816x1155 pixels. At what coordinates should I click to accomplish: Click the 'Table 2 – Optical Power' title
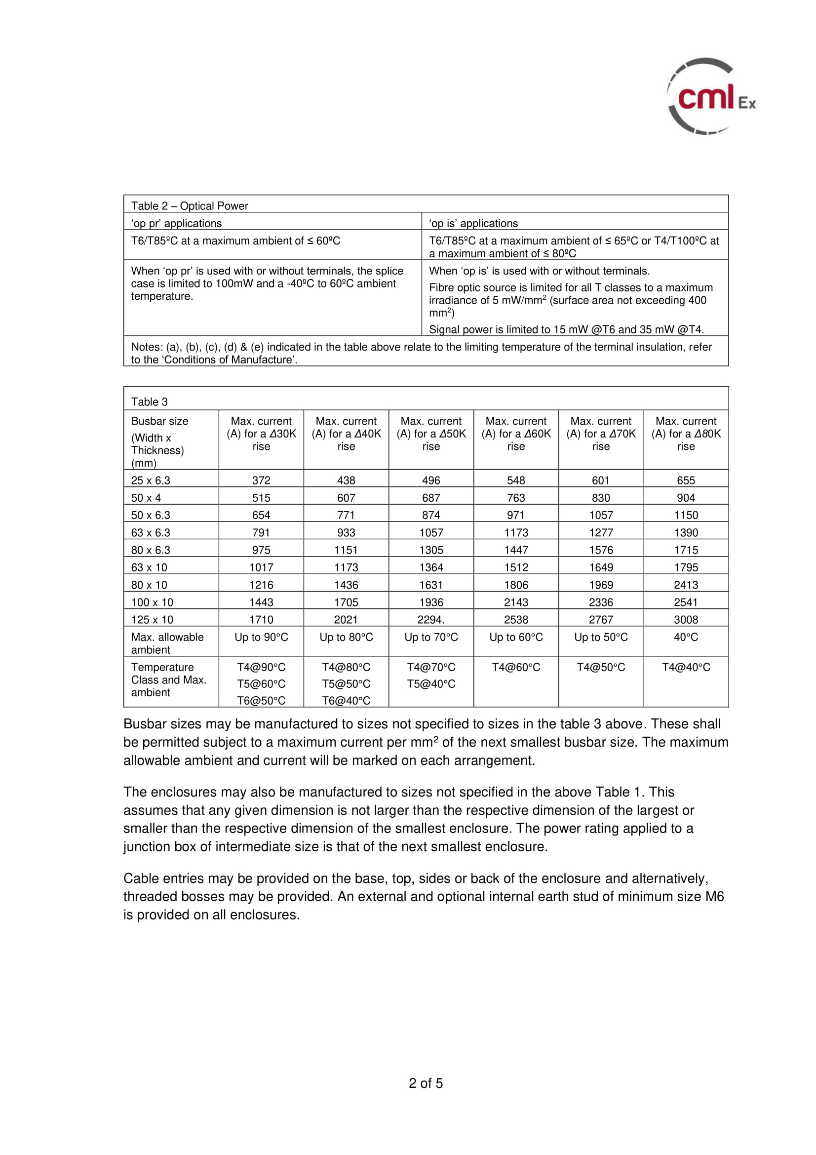tap(190, 206)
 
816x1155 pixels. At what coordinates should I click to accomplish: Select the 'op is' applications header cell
tap(473, 223)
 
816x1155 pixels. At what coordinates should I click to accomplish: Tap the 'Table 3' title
tap(149, 401)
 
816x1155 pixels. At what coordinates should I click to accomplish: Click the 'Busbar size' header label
tap(159, 421)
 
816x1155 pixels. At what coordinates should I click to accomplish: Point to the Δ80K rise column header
tap(686, 434)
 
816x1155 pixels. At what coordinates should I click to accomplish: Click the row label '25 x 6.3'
tap(151, 480)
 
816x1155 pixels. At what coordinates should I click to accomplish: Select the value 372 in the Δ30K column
tap(261, 480)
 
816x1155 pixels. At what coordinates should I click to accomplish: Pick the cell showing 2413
tap(686, 585)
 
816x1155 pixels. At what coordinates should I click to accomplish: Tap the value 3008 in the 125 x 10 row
tap(686, 620)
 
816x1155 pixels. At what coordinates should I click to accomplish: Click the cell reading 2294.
tap(431, 620)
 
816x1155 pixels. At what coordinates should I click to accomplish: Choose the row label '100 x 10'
tap(152, 602)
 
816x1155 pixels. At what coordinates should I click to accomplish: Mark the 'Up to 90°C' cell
tap(261, 637)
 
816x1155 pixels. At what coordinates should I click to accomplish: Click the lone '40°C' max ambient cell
tap(686, 637)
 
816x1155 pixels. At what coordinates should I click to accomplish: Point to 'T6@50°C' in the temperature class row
tap(261, 701)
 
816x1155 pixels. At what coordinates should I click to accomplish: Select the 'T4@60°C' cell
tap(516, 668)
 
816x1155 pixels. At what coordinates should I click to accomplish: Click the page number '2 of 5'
tap(426, 1083)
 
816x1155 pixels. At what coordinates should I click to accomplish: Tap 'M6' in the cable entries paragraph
tap(714, 896)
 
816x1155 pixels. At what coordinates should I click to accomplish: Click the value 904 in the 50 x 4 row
tap(686, 498)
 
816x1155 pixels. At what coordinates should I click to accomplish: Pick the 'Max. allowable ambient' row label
tap(167, 643)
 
